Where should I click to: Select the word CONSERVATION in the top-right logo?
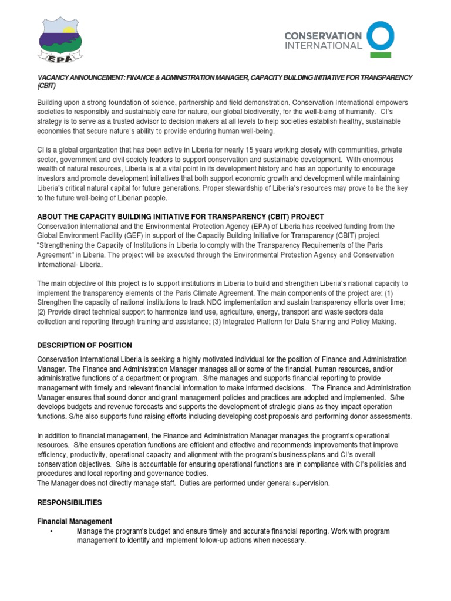pyautogui.click(x=323, y=36)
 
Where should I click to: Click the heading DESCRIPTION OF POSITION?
pyautogui.click(x=85, y=345)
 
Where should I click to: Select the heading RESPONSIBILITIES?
pyautogui.click(x=69, y=502)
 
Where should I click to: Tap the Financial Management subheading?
pyautogui.click(x=75, y=521)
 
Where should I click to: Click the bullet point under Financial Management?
pyautogui.click(x=52, y=531)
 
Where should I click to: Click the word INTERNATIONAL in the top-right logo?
pyautogui.click(x=323, y=45)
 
